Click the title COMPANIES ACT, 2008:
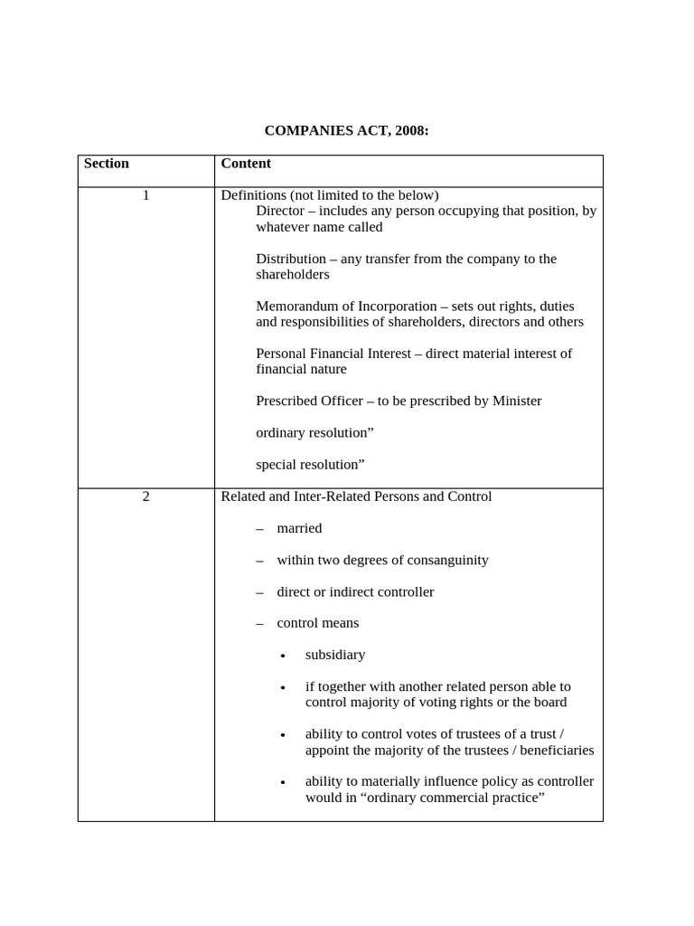pos(346,131)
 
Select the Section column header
pos(107,164)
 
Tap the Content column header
pos(246,164)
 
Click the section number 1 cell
pos(145,195)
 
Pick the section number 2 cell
pos(145,496)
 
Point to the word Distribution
pos(291,259)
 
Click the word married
pos(299,528)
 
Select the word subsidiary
pos(335,655)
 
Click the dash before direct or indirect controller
pos(260,592)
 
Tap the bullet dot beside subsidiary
pos(284,656)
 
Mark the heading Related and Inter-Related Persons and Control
pos(356,496)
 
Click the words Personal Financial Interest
pos(333,354)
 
